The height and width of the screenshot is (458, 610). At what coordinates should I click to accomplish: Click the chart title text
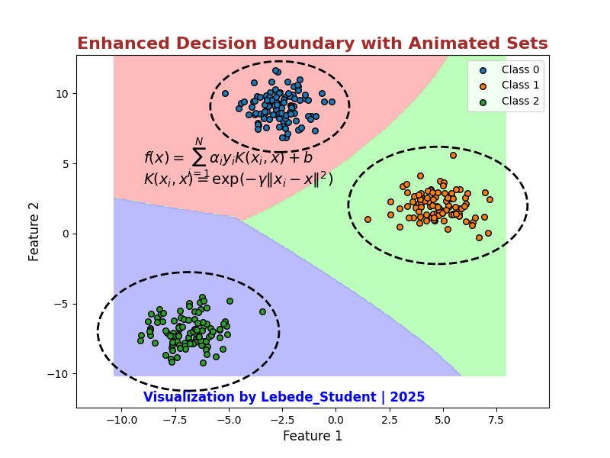312,44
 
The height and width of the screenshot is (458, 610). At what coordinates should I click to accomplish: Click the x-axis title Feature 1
312,437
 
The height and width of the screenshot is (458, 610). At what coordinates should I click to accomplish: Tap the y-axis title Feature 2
34,231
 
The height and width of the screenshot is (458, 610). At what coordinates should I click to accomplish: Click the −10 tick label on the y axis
59,374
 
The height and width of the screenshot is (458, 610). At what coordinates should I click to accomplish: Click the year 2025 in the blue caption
408,398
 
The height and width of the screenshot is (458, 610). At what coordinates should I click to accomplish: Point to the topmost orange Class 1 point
453,155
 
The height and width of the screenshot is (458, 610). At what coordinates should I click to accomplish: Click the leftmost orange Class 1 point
368,219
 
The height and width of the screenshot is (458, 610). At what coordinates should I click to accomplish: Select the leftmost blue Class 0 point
225,93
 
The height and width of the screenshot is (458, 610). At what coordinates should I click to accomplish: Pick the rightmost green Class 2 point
262,311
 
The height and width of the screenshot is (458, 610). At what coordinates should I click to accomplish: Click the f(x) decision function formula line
228,157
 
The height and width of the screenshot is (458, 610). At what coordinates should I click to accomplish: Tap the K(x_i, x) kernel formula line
238,179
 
